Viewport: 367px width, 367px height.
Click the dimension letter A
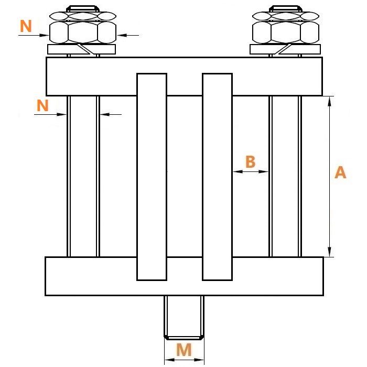click(340, 172)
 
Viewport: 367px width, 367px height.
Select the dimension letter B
click(250, 161)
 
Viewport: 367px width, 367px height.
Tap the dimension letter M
click(184, 350)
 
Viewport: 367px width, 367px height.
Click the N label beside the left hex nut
click(26, 26)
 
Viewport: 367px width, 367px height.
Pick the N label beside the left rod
click(42, 105)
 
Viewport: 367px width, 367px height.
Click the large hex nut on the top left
click(83, 33)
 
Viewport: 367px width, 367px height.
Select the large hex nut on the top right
click(286, 33)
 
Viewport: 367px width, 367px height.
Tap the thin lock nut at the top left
click(83, 16)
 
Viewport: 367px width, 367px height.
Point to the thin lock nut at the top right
click(286, 16)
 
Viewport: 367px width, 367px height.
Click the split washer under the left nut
click(81, 49)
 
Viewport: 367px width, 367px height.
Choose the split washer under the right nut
click(285, 49)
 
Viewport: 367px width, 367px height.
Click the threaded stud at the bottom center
click(184, 318)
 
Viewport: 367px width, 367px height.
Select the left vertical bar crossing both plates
click(152, 177)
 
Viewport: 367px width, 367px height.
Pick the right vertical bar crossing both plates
click(217, 177)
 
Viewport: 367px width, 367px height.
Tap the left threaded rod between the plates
click(83, 176)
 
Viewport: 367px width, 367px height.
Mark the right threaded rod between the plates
click(285, 176)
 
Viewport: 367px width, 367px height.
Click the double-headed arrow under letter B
click(251, 171)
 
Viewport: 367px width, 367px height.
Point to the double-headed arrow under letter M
click(184, 360)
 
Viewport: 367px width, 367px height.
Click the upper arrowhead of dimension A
click(330, 101)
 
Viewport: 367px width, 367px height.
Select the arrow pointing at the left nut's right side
click(128, 35)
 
